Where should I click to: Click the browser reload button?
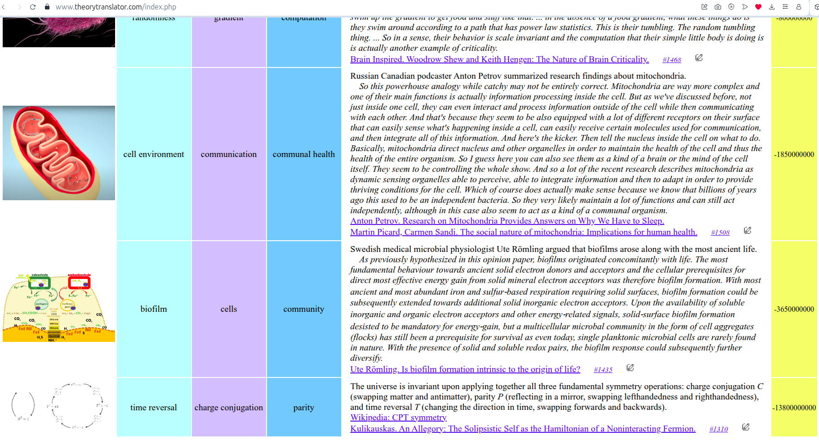coord(33,7)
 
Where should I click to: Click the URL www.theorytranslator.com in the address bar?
coord(116,7)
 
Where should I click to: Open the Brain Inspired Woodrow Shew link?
coord(499,59)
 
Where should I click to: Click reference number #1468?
coord(672,60)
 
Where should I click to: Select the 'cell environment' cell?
coord(154,154)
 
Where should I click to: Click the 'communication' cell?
coord(229,154)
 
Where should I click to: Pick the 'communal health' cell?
coord(304,154)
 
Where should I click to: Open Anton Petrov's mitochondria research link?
coord(507,221)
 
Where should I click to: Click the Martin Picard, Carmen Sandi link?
coord(524,232)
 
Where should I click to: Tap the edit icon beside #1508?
coord(748,230)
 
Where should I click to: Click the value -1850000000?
coord(794,154)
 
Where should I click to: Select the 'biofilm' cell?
coord(154,309)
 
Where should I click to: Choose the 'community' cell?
coord(304,309)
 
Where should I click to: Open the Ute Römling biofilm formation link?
coord(465,369)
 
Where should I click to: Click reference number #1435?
coord(603,370)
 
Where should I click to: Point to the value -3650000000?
coord(794,309)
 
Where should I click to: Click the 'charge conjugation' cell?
coord(229,408)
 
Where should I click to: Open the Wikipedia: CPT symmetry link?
coord(398,418)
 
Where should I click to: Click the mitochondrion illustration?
coord(59,153)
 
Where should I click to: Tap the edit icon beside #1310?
coord(746,427)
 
